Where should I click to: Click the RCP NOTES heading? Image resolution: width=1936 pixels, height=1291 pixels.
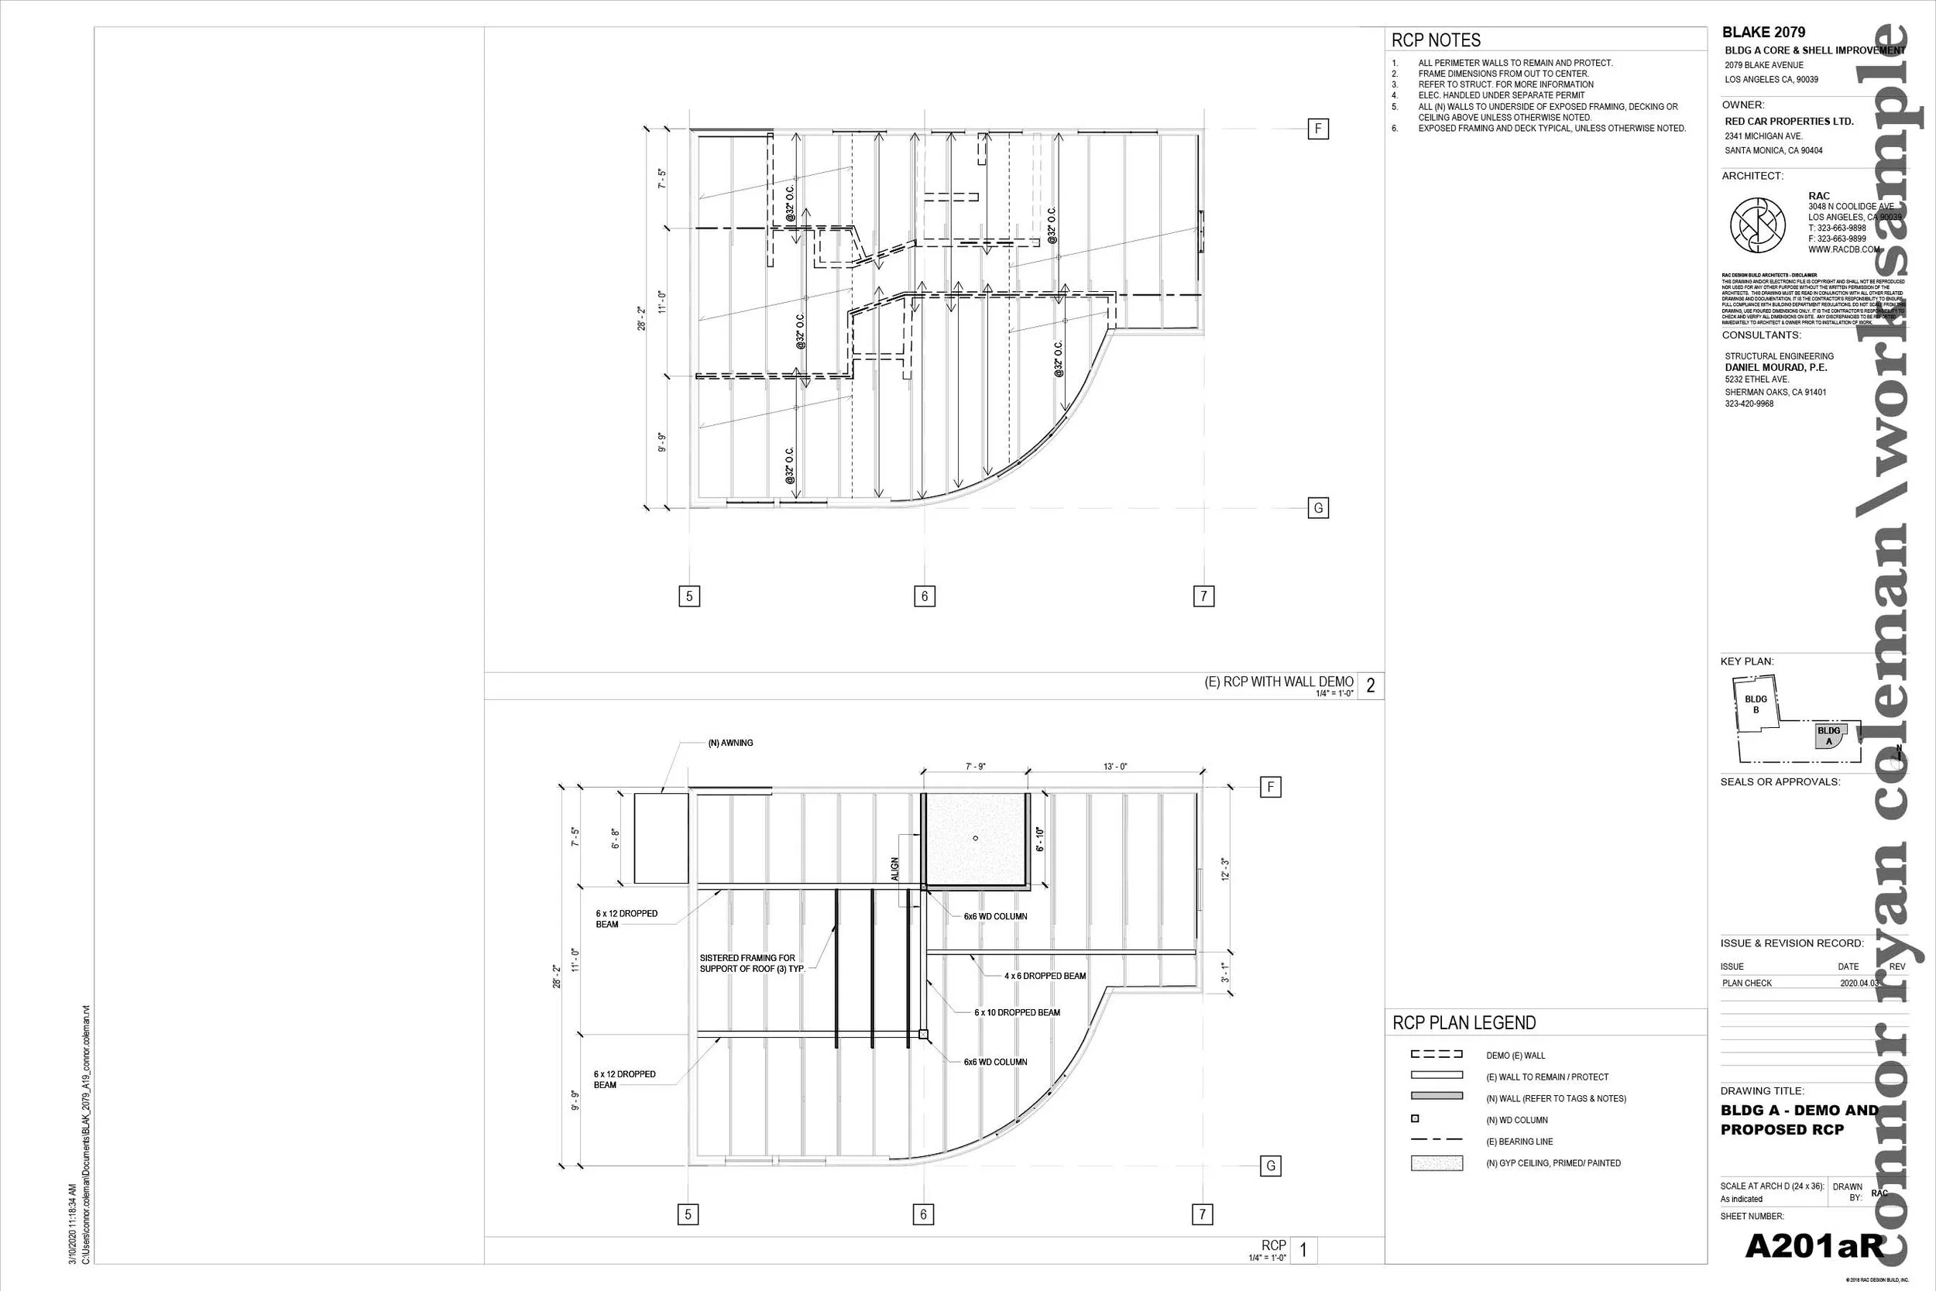pos(1436,40)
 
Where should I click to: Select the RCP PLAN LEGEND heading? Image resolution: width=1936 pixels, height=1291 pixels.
pos(1464,1022)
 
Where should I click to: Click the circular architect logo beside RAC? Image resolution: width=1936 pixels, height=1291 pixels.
pos(1757,225)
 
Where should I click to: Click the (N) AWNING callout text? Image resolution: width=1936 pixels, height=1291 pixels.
pos(730,743)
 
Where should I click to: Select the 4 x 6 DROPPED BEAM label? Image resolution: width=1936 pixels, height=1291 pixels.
pos(1045,976)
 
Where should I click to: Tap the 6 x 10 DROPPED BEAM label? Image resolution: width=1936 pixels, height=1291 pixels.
pos(1017,1012)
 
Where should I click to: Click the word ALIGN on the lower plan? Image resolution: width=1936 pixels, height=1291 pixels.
pos(894,870)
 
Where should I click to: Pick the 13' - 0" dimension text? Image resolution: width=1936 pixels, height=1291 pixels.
pos(1115,767)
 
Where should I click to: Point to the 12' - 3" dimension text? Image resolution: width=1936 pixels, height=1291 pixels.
pos(1225,869)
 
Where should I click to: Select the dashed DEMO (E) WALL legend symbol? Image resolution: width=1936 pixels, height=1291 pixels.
pos(1437,1054)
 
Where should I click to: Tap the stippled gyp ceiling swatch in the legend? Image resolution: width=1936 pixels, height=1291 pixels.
pos(1437,1162)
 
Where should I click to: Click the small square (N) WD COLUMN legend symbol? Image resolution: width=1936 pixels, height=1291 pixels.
pos(1415,1119)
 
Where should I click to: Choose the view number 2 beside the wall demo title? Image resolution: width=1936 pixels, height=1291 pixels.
pos(1371,685)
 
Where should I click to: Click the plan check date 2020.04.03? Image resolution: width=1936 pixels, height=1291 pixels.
pos(1859,983)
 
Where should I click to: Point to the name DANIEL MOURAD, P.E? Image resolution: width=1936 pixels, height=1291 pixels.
pos(1776,367)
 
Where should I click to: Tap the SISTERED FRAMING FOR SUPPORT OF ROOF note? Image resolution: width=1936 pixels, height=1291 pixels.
pos(750,963)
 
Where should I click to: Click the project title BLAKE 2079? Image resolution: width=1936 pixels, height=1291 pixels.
pos(1763,32)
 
